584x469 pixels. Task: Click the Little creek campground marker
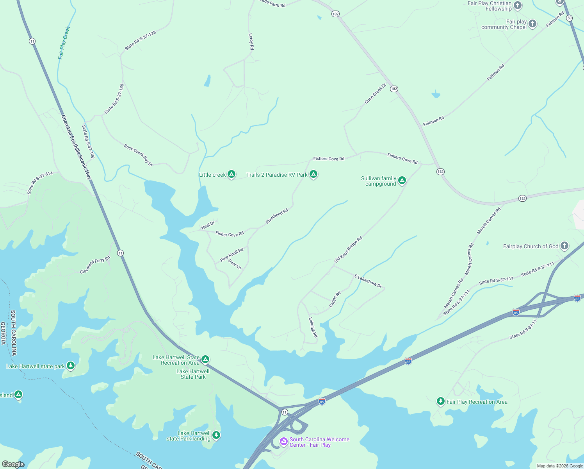[x=231, y=174]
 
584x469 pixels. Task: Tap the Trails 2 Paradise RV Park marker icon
[x=313, y=174]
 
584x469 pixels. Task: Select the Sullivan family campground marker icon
[x=402, y=181]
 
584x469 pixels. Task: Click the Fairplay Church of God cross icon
[x=564, y=246]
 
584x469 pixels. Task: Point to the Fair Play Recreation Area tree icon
[x=440, y=401]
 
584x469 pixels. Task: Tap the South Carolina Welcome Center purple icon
[x=284, y=442]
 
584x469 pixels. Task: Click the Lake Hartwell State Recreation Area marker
[x=205, y=359]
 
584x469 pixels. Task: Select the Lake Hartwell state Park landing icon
[x=216, y=435]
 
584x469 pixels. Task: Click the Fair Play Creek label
[x=64, y=43]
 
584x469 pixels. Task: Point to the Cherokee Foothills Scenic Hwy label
[x=76, y=147]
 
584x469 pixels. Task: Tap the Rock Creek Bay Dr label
[x=138, y=155]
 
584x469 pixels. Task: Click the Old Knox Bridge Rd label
[x=348, y=249]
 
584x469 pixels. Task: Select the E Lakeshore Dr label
[x=368, y=281]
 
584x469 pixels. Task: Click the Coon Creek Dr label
[x=375, y=94]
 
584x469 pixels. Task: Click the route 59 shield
[x=570, y=18]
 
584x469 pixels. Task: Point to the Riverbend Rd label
[x=277, y=216]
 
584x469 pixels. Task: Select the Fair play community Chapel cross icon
[x=532, y=24]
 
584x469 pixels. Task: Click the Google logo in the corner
[x=13, y=464]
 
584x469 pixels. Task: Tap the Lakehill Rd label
[x=313, y=327]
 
